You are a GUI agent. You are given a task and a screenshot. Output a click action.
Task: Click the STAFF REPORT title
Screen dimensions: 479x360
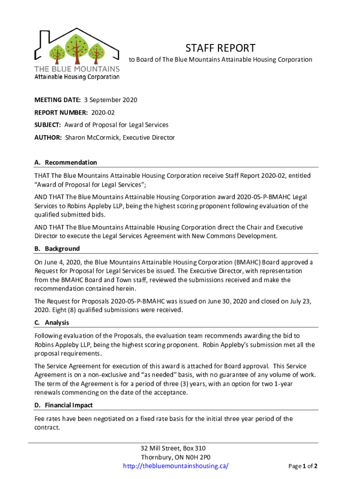[x=220, y=48]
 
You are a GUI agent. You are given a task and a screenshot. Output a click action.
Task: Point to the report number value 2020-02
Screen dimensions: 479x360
[x=103, y=113]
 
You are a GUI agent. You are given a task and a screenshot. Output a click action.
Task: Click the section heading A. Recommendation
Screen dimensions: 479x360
[x=65, y=162]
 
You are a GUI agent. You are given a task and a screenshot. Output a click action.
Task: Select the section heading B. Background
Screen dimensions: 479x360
[x=57, y=248]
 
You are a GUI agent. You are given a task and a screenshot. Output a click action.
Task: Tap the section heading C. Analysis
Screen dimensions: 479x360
[x=52, y=323]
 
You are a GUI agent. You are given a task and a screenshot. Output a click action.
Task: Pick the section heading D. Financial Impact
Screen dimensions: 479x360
[x=64, y=405]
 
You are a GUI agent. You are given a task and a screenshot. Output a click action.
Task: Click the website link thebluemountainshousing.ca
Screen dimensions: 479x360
[x=175, y=466]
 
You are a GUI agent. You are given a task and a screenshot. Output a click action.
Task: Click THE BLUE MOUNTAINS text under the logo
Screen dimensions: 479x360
[x=77, y=68]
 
